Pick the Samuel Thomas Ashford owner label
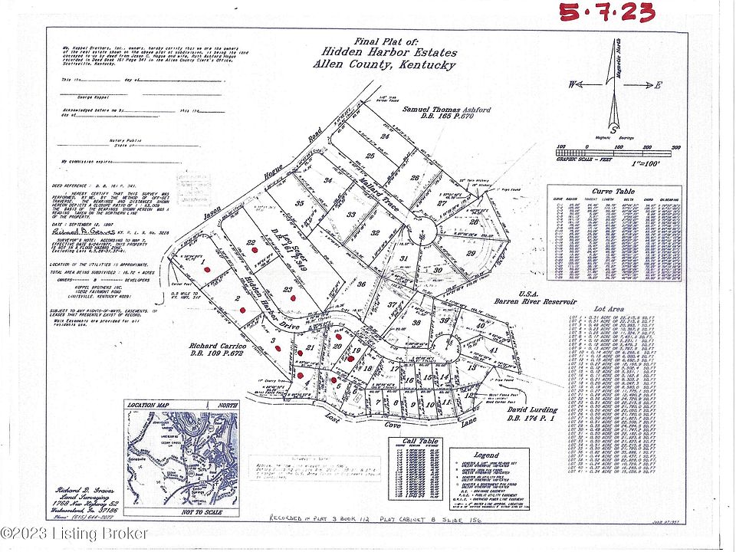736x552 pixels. tap(447, 111)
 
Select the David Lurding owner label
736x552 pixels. tap(532, 412)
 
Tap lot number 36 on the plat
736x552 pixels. tap(362, 283)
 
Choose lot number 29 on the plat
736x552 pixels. tap(472, 252)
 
